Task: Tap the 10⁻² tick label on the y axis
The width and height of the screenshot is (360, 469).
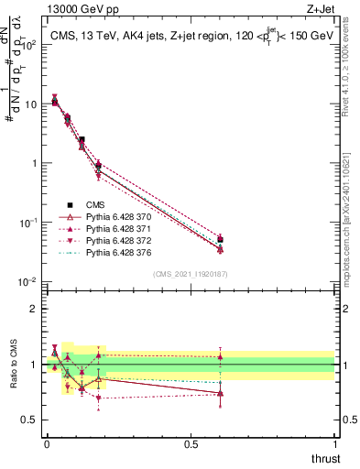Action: pyautogui.click(x=27, y=281)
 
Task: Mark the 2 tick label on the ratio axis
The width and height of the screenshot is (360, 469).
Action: pyautogui.click(x=34, y=309)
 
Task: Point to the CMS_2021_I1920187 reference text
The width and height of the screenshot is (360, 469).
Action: pyautogui.click(x=191, y=274)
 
